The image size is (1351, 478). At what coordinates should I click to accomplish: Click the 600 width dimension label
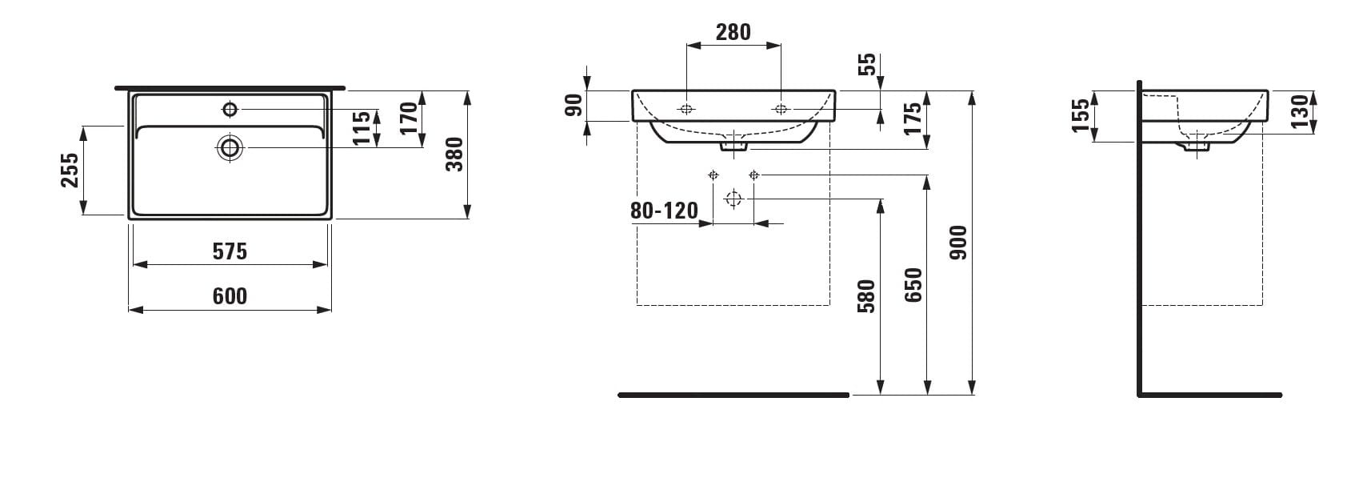coord(230,295)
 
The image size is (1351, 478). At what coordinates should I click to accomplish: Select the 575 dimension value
coord(230,251)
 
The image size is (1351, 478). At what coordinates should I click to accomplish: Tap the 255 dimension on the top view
coord(70,171)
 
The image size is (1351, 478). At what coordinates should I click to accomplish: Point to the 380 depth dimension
coord(454,155)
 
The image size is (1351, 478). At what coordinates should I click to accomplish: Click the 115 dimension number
coord(362,128)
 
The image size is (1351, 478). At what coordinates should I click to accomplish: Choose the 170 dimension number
coord(408,118)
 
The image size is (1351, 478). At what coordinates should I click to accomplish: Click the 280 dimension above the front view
coord(733,32)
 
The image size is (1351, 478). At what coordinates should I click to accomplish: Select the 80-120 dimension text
coord(664,211)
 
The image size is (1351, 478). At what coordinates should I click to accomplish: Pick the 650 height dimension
coord(913,285)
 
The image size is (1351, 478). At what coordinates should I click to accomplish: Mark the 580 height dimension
coord(866,296)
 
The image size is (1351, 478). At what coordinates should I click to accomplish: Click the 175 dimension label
coord(913,118)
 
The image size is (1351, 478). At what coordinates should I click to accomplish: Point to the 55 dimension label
coord(866,64)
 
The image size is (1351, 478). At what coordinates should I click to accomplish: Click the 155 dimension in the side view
coord(1081,115)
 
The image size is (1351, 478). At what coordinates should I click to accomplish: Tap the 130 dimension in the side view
coord(1300,111)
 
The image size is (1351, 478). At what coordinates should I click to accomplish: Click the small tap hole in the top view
coord(230,109)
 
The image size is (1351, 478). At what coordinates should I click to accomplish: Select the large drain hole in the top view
coord(230,147)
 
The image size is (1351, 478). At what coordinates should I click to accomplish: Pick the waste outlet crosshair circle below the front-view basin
coord(733,199)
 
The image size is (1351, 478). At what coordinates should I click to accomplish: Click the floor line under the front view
coord(733,396)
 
